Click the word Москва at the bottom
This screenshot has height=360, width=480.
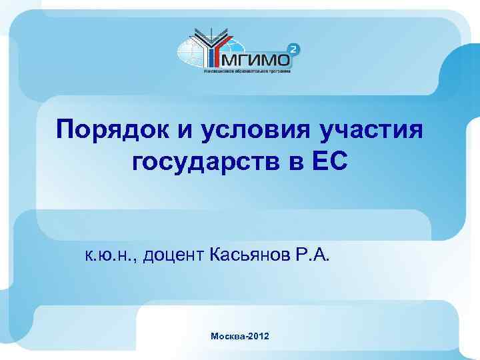click(227, 338)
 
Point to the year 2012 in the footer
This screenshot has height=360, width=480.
click(259, 338)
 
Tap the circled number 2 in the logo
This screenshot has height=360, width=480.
click(294, 48)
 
